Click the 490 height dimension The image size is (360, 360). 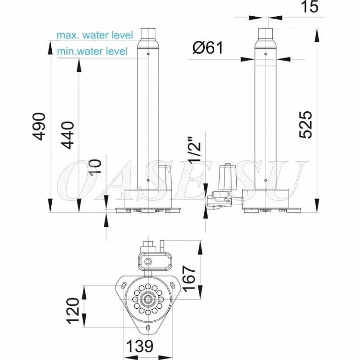(x=38, y=126)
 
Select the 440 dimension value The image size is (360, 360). (x=68, y=135)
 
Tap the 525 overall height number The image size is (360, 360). (x=305, y=125)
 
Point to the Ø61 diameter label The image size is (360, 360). (x=208, y=48)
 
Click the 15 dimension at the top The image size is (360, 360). (x=309, y=6)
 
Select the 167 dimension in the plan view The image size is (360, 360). (x=188, y=279)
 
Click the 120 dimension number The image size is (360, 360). (x=73, y=311)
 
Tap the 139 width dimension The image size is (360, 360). (x=139, y=346)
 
